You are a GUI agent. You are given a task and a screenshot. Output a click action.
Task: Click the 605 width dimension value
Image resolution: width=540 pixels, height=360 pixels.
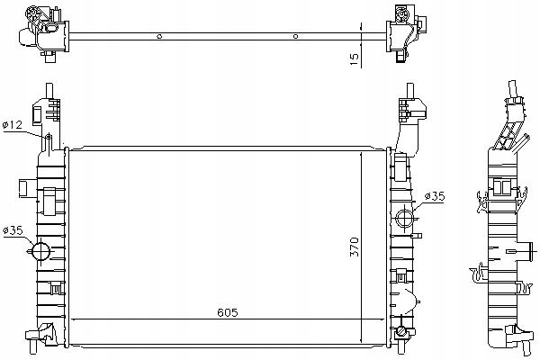(x=228, y=312)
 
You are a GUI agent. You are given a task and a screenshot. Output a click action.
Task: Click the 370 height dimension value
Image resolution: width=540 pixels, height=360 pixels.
(x=355, y=247)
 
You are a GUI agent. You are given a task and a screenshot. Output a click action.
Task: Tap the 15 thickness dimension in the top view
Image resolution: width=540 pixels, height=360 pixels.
(x=355, y=58)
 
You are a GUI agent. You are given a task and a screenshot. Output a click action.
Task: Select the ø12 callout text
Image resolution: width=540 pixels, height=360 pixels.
(x=13, y=124)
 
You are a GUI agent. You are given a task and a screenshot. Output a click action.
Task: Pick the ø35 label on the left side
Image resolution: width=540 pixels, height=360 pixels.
(x=13, y=230)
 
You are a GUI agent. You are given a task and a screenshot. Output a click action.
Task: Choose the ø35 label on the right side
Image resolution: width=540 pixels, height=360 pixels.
(x=435, y=196)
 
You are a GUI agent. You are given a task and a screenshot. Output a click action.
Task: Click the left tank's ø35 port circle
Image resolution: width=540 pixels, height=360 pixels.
(x=40, y=251)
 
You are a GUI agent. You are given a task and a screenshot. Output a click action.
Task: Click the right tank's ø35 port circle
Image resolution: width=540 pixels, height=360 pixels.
(x=404, y=218)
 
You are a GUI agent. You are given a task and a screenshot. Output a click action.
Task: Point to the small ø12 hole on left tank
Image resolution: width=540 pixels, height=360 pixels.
(x=49, y=138)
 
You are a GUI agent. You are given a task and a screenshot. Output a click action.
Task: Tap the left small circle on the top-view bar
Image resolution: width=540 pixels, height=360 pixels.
(x=159, y=36)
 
